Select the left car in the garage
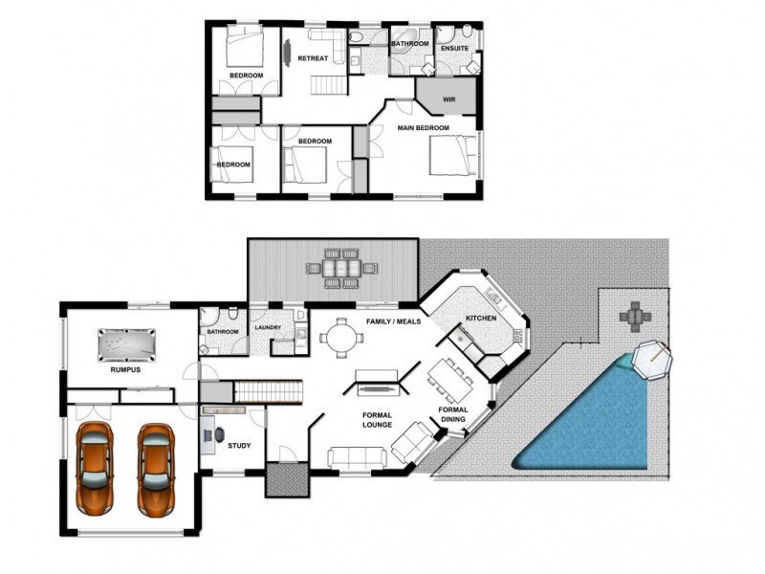point(96,468)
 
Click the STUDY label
point(238,444)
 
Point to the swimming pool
point(593,421)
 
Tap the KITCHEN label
point(479,318)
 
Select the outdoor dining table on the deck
point(339,268)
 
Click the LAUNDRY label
point(268,328)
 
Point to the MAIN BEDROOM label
point(423,127)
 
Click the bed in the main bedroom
point(451,156)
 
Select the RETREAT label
point(313,58)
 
